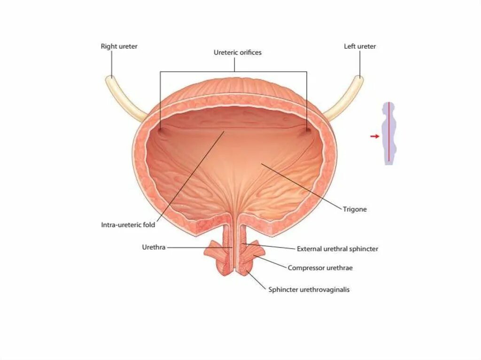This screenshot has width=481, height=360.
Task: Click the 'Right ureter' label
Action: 119,46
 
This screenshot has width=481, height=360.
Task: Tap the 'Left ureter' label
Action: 360,46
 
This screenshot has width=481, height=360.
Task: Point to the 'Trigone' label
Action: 355,209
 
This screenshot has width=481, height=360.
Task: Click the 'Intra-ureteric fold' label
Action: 128,225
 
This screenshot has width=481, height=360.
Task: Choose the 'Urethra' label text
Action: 153,247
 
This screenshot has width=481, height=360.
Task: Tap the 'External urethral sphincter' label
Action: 337,249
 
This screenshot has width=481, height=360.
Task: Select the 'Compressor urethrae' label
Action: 320,268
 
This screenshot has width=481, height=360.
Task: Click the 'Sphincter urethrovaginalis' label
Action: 309,290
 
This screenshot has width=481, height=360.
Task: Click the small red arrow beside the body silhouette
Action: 374,136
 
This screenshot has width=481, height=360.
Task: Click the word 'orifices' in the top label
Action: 249,53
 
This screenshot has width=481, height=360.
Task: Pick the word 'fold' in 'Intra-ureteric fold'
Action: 149,225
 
